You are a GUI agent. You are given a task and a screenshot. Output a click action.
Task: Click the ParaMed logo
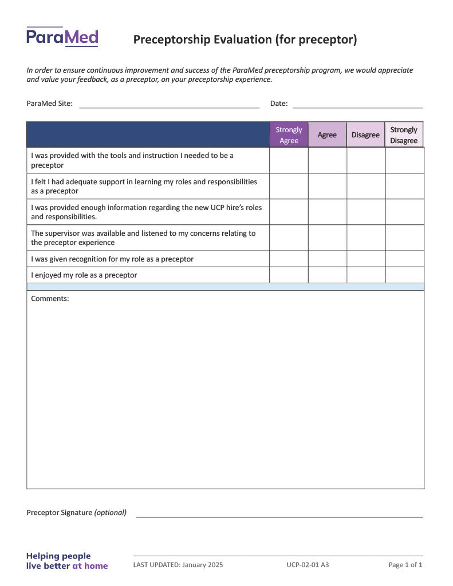62,37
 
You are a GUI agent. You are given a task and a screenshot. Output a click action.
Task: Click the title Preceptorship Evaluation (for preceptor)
245,39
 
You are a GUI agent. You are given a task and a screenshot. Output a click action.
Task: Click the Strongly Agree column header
289,135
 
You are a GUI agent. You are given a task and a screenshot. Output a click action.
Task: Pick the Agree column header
327,135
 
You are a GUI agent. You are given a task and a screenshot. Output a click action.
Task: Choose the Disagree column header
365,135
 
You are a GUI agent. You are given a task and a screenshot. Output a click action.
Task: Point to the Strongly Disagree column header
404,135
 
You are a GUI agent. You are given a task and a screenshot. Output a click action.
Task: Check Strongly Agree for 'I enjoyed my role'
289,275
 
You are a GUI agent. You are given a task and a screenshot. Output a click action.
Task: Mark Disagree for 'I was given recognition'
366,259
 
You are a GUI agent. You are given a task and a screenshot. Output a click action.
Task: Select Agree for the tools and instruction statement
327,161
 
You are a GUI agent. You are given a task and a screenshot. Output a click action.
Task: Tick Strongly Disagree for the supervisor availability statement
404,238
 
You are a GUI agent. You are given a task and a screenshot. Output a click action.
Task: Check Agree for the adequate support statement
327,187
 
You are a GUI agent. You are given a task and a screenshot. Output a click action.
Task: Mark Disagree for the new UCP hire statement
366,212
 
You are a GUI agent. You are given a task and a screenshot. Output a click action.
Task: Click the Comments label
50,299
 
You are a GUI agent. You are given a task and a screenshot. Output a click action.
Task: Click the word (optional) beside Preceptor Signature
111,513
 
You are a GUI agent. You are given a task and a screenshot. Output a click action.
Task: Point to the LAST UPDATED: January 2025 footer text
178,565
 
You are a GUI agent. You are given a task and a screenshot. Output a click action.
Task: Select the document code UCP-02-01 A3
308,565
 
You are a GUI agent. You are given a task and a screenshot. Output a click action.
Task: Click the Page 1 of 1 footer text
405,565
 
